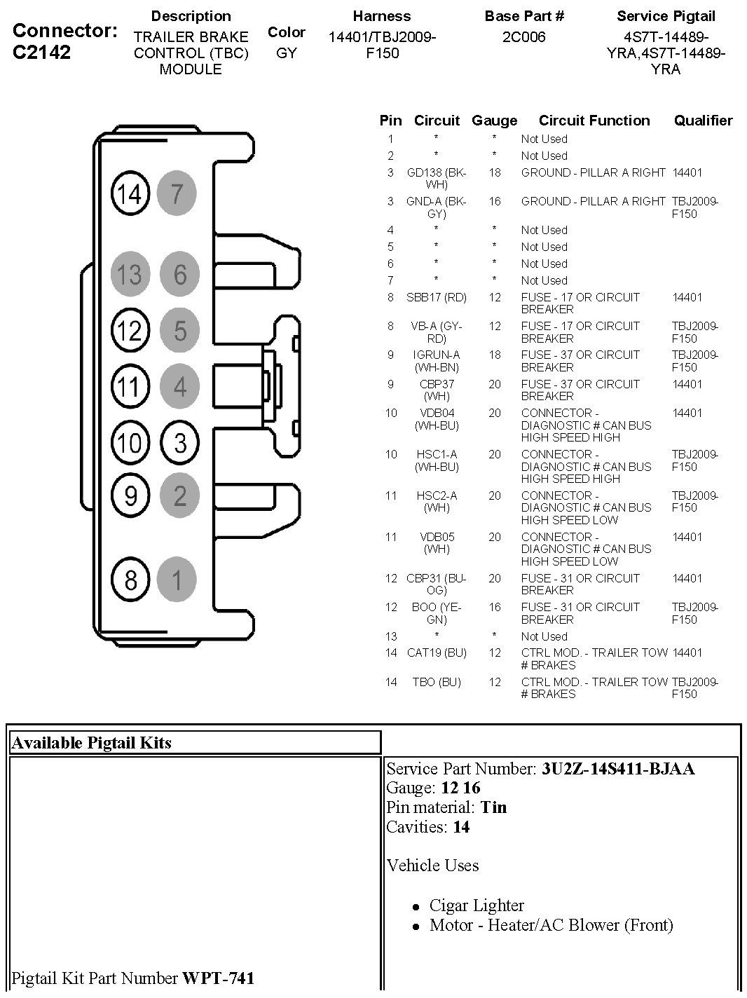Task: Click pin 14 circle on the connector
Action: (130, 193)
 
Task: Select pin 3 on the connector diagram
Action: (180, 442)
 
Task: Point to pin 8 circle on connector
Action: (130, 580)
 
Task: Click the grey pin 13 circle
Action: (130, 274)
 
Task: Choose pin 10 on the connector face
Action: (130, 442)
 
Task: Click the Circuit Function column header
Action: (594, 121)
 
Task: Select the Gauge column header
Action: (494, 121)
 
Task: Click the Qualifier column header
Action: (703, 121)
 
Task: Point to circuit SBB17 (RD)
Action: (436, 297)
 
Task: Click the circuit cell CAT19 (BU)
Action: (436, 652)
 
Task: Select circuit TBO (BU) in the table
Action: (436, 682)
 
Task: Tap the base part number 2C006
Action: (523, 37)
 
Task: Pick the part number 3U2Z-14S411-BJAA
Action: (617, 769)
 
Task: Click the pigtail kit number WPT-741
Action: (218, 978)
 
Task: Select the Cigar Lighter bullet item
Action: (477, 905)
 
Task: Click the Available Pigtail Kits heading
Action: (92, 743)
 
